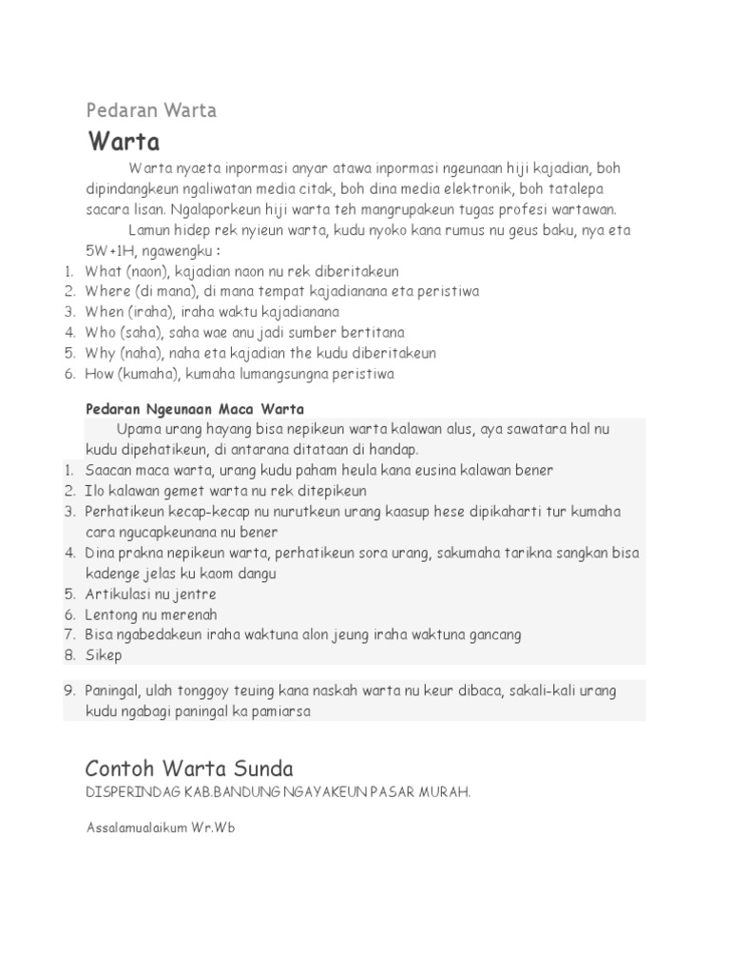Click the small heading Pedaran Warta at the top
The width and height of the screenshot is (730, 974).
coord(151,110)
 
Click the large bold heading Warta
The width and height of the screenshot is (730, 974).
coord(124,143)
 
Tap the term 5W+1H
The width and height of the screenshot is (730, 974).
coord(107,251)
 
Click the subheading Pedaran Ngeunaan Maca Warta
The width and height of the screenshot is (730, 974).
coord(195,409)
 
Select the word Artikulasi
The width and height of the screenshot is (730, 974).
coord(116,594)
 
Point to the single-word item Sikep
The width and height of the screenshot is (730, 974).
coord(104,654)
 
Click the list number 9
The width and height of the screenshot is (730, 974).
coord(69,691)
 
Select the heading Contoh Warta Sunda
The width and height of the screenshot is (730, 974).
coord(189,768)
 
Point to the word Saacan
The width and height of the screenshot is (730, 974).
coord(107,471)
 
